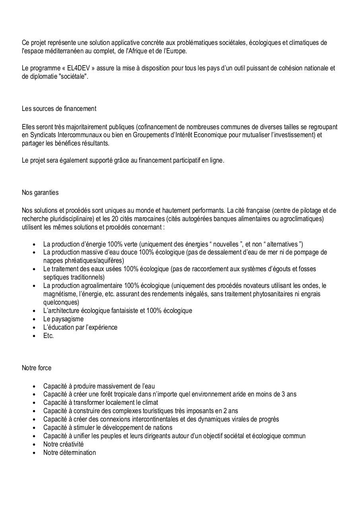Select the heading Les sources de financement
click(x=59, y=109)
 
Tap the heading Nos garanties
click(x=40, y=192)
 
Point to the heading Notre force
click(x=37, y=368)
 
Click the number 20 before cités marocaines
click(x=146, y=219)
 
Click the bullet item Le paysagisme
click(x=63, y=319)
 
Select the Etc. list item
click(x=49, y=336)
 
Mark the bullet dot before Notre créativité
click(x=35, y=444)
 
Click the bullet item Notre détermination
click(x=70, y=453)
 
